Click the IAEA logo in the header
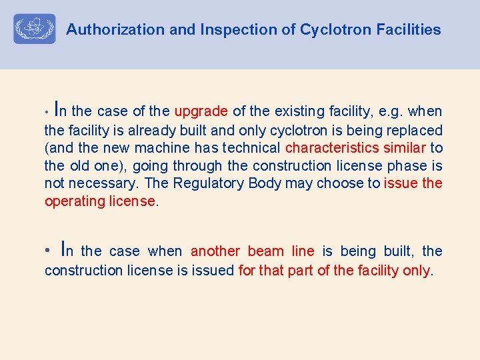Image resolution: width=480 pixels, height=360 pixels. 35,29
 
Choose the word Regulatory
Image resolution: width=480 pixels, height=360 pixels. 211,183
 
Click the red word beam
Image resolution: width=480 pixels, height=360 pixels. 265,251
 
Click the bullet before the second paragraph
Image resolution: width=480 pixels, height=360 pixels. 47,251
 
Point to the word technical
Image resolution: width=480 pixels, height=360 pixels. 252,147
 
